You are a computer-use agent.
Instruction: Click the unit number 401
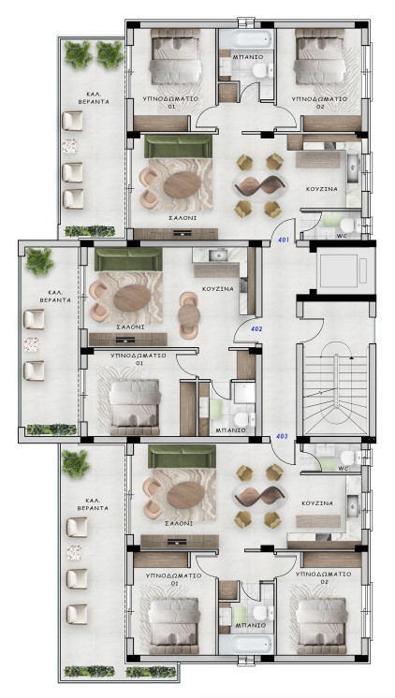click(284, 240)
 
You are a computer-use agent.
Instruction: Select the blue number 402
click(257, 329)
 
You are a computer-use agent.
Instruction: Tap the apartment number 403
click(282, 437)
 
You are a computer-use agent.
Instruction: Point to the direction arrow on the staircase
click(351, 357)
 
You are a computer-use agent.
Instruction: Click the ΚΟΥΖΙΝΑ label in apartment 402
click(218, 289)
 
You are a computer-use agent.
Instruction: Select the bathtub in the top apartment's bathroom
click(246, 40)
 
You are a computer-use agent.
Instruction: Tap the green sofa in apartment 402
click(128, 259)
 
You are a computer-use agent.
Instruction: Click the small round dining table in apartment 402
click(189, 315)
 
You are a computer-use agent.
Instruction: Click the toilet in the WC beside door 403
click(349, 458)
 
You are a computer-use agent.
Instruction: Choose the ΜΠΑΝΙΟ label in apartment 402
click(230, 430)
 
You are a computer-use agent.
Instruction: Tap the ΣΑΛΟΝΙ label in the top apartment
click(183, 218)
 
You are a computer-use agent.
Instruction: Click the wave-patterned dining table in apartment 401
click(258, 184)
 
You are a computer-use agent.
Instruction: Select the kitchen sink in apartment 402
click(218, 255)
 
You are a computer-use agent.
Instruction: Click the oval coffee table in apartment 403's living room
click(186, 495)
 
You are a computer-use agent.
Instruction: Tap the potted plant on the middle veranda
click(39, 261)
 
